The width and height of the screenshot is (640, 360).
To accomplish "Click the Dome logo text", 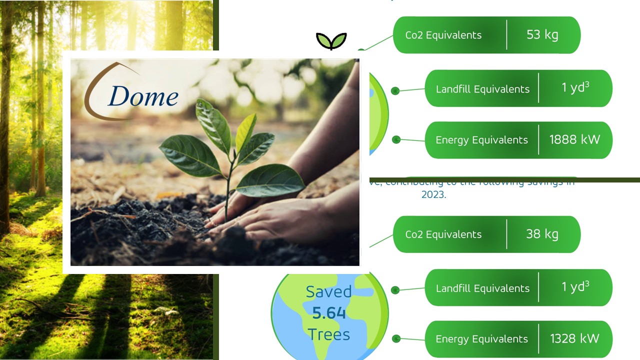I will [x=143, y=96].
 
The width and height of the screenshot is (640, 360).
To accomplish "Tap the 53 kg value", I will [x=542, y=35].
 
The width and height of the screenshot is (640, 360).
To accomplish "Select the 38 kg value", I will [x=542, y=234].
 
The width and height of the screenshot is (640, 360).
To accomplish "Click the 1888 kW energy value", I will [x=574, y=139].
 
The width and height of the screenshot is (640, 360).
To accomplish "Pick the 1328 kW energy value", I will [x=574, y=338].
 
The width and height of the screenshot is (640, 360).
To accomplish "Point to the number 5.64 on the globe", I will [x=329, y=313].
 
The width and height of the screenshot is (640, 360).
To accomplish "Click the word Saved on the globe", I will [x=329, y=291].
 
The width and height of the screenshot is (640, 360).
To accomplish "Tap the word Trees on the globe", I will [x=329, y=334].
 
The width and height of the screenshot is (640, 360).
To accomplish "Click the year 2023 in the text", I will [x=433, y=194].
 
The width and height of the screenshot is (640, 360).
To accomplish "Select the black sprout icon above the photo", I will [x=331, y=41].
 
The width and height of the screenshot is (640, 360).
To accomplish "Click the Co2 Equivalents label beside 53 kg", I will [x=443, y=35].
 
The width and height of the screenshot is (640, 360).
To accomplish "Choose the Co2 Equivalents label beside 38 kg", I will [x=443, y=234].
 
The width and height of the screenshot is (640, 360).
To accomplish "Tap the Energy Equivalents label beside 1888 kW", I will [x=481, y=140].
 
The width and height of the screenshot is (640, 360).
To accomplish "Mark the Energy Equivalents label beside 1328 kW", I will [x=481, y=339].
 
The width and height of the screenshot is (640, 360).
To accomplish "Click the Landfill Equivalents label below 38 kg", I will [x=482, y=288].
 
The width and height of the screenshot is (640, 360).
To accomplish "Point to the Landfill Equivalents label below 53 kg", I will [x=482, y=89].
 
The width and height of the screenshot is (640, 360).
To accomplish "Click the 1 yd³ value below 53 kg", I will [x=575, y=87].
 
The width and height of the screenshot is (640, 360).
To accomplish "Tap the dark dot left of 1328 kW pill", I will [x=396, y=338].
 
